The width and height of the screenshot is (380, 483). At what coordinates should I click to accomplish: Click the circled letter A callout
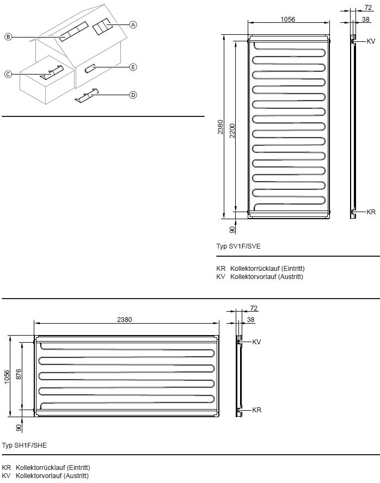(133, 24)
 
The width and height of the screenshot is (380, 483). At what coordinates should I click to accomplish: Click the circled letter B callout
(8, 37)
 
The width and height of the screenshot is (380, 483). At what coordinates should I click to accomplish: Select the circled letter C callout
(8, 74)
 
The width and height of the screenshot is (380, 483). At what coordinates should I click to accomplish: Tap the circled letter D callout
(133, 95)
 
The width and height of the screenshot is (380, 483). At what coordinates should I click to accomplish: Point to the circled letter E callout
(133, 67)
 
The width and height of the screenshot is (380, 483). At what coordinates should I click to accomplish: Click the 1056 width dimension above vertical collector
(287, 19)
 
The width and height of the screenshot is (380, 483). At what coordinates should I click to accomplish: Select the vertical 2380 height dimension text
(220, 127)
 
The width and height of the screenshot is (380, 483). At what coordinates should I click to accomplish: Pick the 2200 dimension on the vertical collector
(232, 131)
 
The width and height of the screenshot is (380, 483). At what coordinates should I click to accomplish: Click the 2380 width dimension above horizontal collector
(125, 319)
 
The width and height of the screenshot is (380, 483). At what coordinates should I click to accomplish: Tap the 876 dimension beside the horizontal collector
(19, 374)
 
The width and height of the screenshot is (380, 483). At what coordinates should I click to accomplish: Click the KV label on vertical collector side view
(371, 41)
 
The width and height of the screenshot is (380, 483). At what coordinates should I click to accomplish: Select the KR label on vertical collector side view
(371, 212)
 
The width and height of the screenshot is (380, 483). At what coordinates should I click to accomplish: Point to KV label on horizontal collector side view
(256, 342)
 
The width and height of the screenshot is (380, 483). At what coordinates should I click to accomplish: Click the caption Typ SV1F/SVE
(238, 246)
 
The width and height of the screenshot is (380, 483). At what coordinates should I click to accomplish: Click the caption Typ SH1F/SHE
(24, 445)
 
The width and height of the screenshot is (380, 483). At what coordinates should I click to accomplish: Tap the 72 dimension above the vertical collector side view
(368, 8)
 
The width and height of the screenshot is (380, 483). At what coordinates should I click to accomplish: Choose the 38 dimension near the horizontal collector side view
(251, 319)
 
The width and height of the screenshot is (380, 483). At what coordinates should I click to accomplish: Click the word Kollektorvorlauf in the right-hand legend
(253, 277)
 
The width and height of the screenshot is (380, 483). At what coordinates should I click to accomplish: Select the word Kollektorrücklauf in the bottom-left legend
(40, 468)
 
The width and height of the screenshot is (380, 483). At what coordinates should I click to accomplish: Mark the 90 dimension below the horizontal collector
(19, 428)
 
